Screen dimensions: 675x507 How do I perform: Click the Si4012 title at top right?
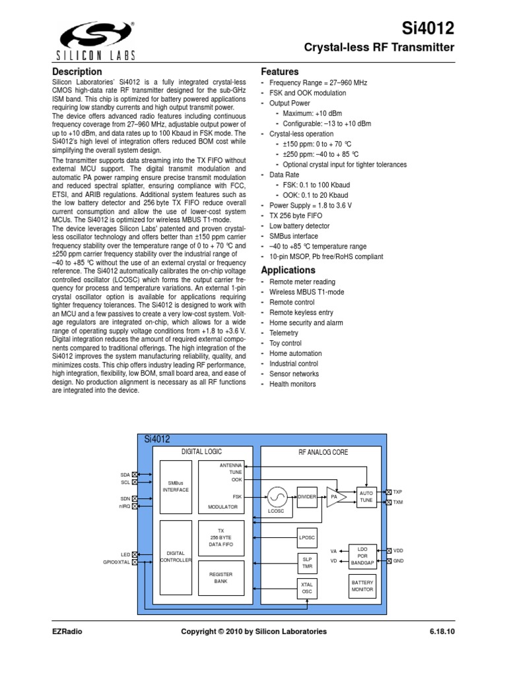[x=429, y=28]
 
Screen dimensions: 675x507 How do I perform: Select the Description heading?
[x=77, y=71]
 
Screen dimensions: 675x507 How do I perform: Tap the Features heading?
[x=280, y=71]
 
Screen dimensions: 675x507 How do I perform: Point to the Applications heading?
[x=289, y=270]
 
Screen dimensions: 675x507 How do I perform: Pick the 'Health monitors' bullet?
[x=292, y=384]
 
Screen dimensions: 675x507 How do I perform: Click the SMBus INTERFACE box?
[x=176, y=486]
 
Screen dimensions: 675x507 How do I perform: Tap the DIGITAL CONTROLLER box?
[x=176, y=556]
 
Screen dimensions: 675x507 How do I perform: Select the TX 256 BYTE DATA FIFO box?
[x=221, y=538]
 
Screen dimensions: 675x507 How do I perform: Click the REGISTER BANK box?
[x=221, y=579]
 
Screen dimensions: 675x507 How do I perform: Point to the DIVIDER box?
[x=308, y=496]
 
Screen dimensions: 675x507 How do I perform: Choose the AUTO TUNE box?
[x=366, y=496]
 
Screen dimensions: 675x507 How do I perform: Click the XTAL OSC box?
[x=307, y=588]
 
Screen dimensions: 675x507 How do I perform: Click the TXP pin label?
[x=398, y=492]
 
